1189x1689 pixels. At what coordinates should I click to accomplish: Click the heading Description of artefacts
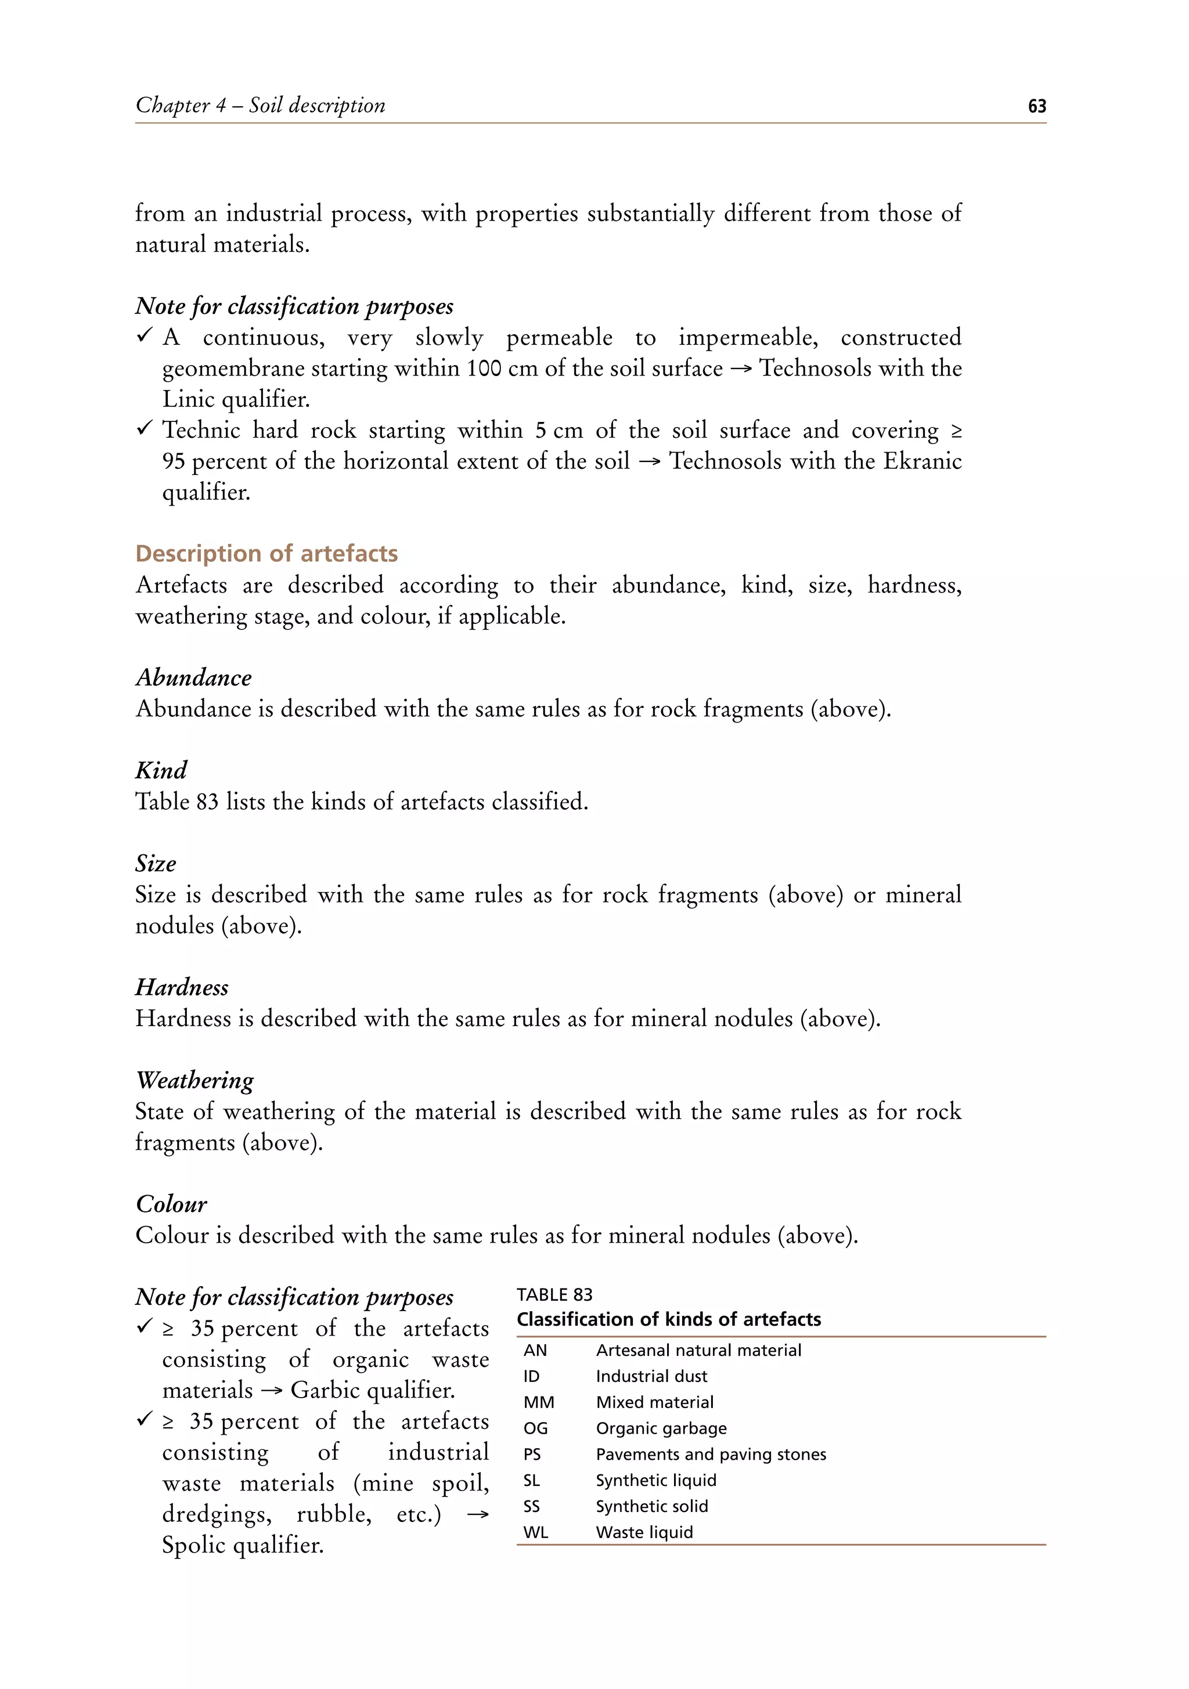coord(266,553)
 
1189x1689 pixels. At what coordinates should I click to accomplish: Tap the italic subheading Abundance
coord(193,677)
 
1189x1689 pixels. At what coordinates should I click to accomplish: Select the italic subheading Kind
coord(161,770)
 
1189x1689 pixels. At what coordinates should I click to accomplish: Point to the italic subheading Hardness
coord(182,987)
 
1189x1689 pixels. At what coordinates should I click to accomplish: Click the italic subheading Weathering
coord(195,1080)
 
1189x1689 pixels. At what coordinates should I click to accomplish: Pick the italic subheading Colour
coord(171,1204)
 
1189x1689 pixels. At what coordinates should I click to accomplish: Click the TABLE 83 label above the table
coord(554,1295)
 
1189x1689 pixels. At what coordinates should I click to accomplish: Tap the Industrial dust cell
coord(651,1376)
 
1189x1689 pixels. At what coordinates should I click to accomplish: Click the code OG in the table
coord(536,1428)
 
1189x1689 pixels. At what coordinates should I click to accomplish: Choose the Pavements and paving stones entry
coord(711,1455)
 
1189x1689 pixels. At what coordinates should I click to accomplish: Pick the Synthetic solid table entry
coord(651,1507)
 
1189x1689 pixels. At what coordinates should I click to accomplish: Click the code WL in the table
coord(536,1532)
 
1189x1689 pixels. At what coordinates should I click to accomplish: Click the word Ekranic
coord(922,461)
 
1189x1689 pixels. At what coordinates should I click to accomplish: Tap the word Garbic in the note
coord(325,1390)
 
